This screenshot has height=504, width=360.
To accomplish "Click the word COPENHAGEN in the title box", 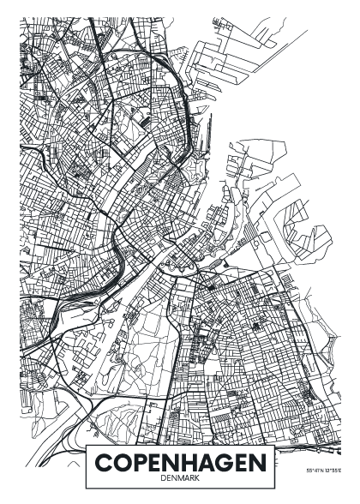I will tap(180, 464).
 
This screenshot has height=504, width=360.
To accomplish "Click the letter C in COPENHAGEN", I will tap(104, 464).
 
